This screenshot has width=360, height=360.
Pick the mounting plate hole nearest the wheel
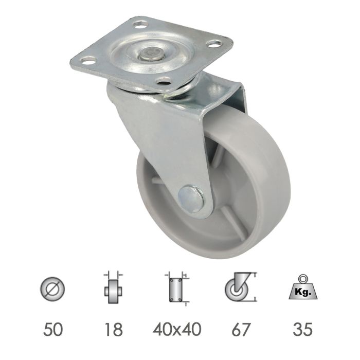tap(164, 80)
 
